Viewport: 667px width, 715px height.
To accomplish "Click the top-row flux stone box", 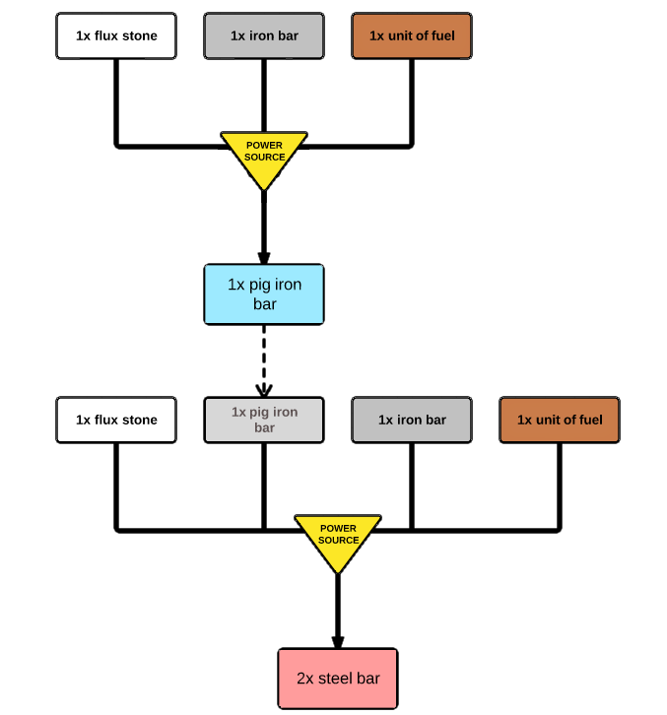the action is click(x=116, y=36).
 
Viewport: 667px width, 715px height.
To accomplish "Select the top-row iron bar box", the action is click(x=264, y=36).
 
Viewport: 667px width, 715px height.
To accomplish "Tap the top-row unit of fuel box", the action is click(x=412, y=36).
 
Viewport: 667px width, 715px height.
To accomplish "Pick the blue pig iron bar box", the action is click(x=264, y=294).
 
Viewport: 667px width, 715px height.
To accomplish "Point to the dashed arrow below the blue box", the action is click(x=264, y=360).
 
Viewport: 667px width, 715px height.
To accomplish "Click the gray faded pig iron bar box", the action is click(x=264, y=420).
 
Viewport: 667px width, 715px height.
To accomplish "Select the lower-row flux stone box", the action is click(x=116, y=420).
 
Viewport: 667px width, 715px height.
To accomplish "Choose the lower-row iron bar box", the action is click(x=412, y=420).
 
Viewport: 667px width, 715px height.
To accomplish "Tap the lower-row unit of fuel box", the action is click(x=560, y=420).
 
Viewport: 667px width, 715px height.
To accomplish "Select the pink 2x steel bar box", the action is click(x=338, y=679).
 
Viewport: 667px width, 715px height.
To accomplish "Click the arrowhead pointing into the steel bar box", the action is click(x=338, y=642).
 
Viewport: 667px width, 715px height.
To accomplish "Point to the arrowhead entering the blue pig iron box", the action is click(x=264, y=258).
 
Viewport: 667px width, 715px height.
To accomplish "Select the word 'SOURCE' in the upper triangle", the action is click(x=265, y=157).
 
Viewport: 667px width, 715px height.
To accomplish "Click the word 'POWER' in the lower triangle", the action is click(x=338, y=528).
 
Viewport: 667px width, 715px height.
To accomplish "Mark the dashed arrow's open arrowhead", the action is click(x=264, y=390).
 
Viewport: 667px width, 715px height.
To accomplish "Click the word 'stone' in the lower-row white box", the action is click(x=140, y=420).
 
